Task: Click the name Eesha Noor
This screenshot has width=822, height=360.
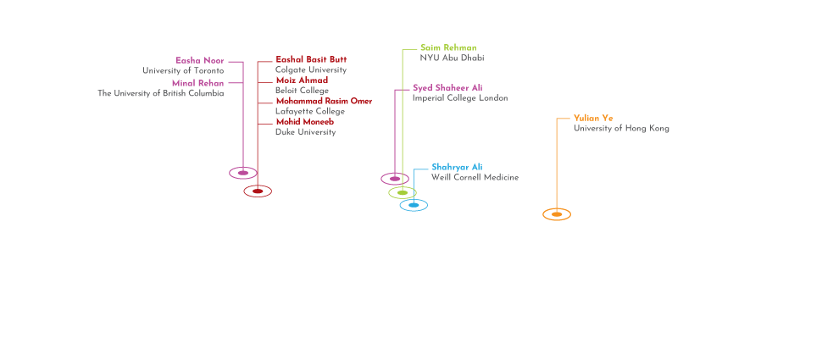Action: [200, 60]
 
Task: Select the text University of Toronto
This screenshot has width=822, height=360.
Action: [183, 70]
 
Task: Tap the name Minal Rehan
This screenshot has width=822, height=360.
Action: [197, 83]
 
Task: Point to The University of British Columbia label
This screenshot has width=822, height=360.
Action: [161, 93]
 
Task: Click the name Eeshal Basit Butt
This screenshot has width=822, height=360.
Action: [311, 60]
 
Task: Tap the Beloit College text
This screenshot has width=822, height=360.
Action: [302, 91]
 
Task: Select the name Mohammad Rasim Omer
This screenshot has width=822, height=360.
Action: [324, 101]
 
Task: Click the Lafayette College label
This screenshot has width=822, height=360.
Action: [310, 111]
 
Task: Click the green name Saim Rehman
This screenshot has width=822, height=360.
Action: [448, 47]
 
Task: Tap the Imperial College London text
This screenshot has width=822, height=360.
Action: [460, 98]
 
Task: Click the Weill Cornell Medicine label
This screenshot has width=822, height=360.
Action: [475, 177]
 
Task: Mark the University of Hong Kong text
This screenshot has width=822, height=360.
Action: [621, 129]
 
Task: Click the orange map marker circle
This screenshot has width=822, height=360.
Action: [557, 213]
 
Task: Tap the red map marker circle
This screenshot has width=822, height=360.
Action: [258, 191]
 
